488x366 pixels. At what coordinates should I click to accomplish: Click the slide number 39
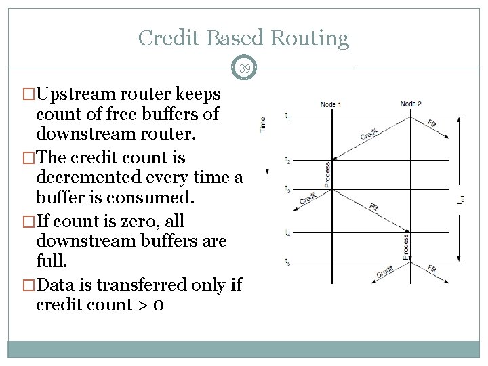(x=244, y=68)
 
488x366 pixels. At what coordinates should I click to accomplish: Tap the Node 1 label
(x=331, y=104)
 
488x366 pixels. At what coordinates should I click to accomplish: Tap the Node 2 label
(x=411, y=104)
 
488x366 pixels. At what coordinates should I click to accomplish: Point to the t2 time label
(x=287, y=161)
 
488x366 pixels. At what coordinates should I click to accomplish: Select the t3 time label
(x=287, y=190)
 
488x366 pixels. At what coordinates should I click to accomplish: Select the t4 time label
(x=287, y=234)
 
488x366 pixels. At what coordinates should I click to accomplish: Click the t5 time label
(x=287, y=262)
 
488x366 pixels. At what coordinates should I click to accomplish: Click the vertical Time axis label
(x=263, y=123)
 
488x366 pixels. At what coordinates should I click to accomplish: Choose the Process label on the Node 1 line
(x=327, y=175)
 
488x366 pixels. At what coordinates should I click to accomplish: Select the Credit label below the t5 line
(x=384, y=271)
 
